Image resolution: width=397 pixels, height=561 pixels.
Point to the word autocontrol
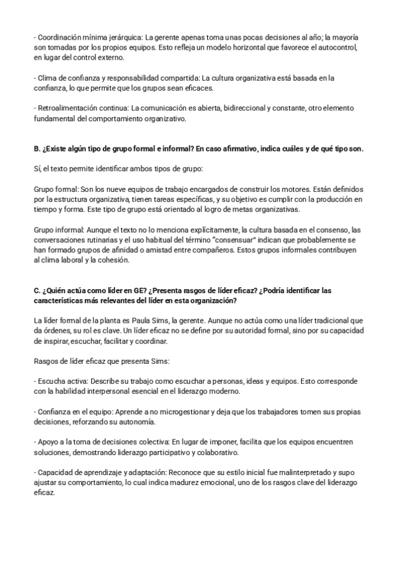tap(335, 48)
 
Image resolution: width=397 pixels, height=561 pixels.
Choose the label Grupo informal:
tap(58, 229)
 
